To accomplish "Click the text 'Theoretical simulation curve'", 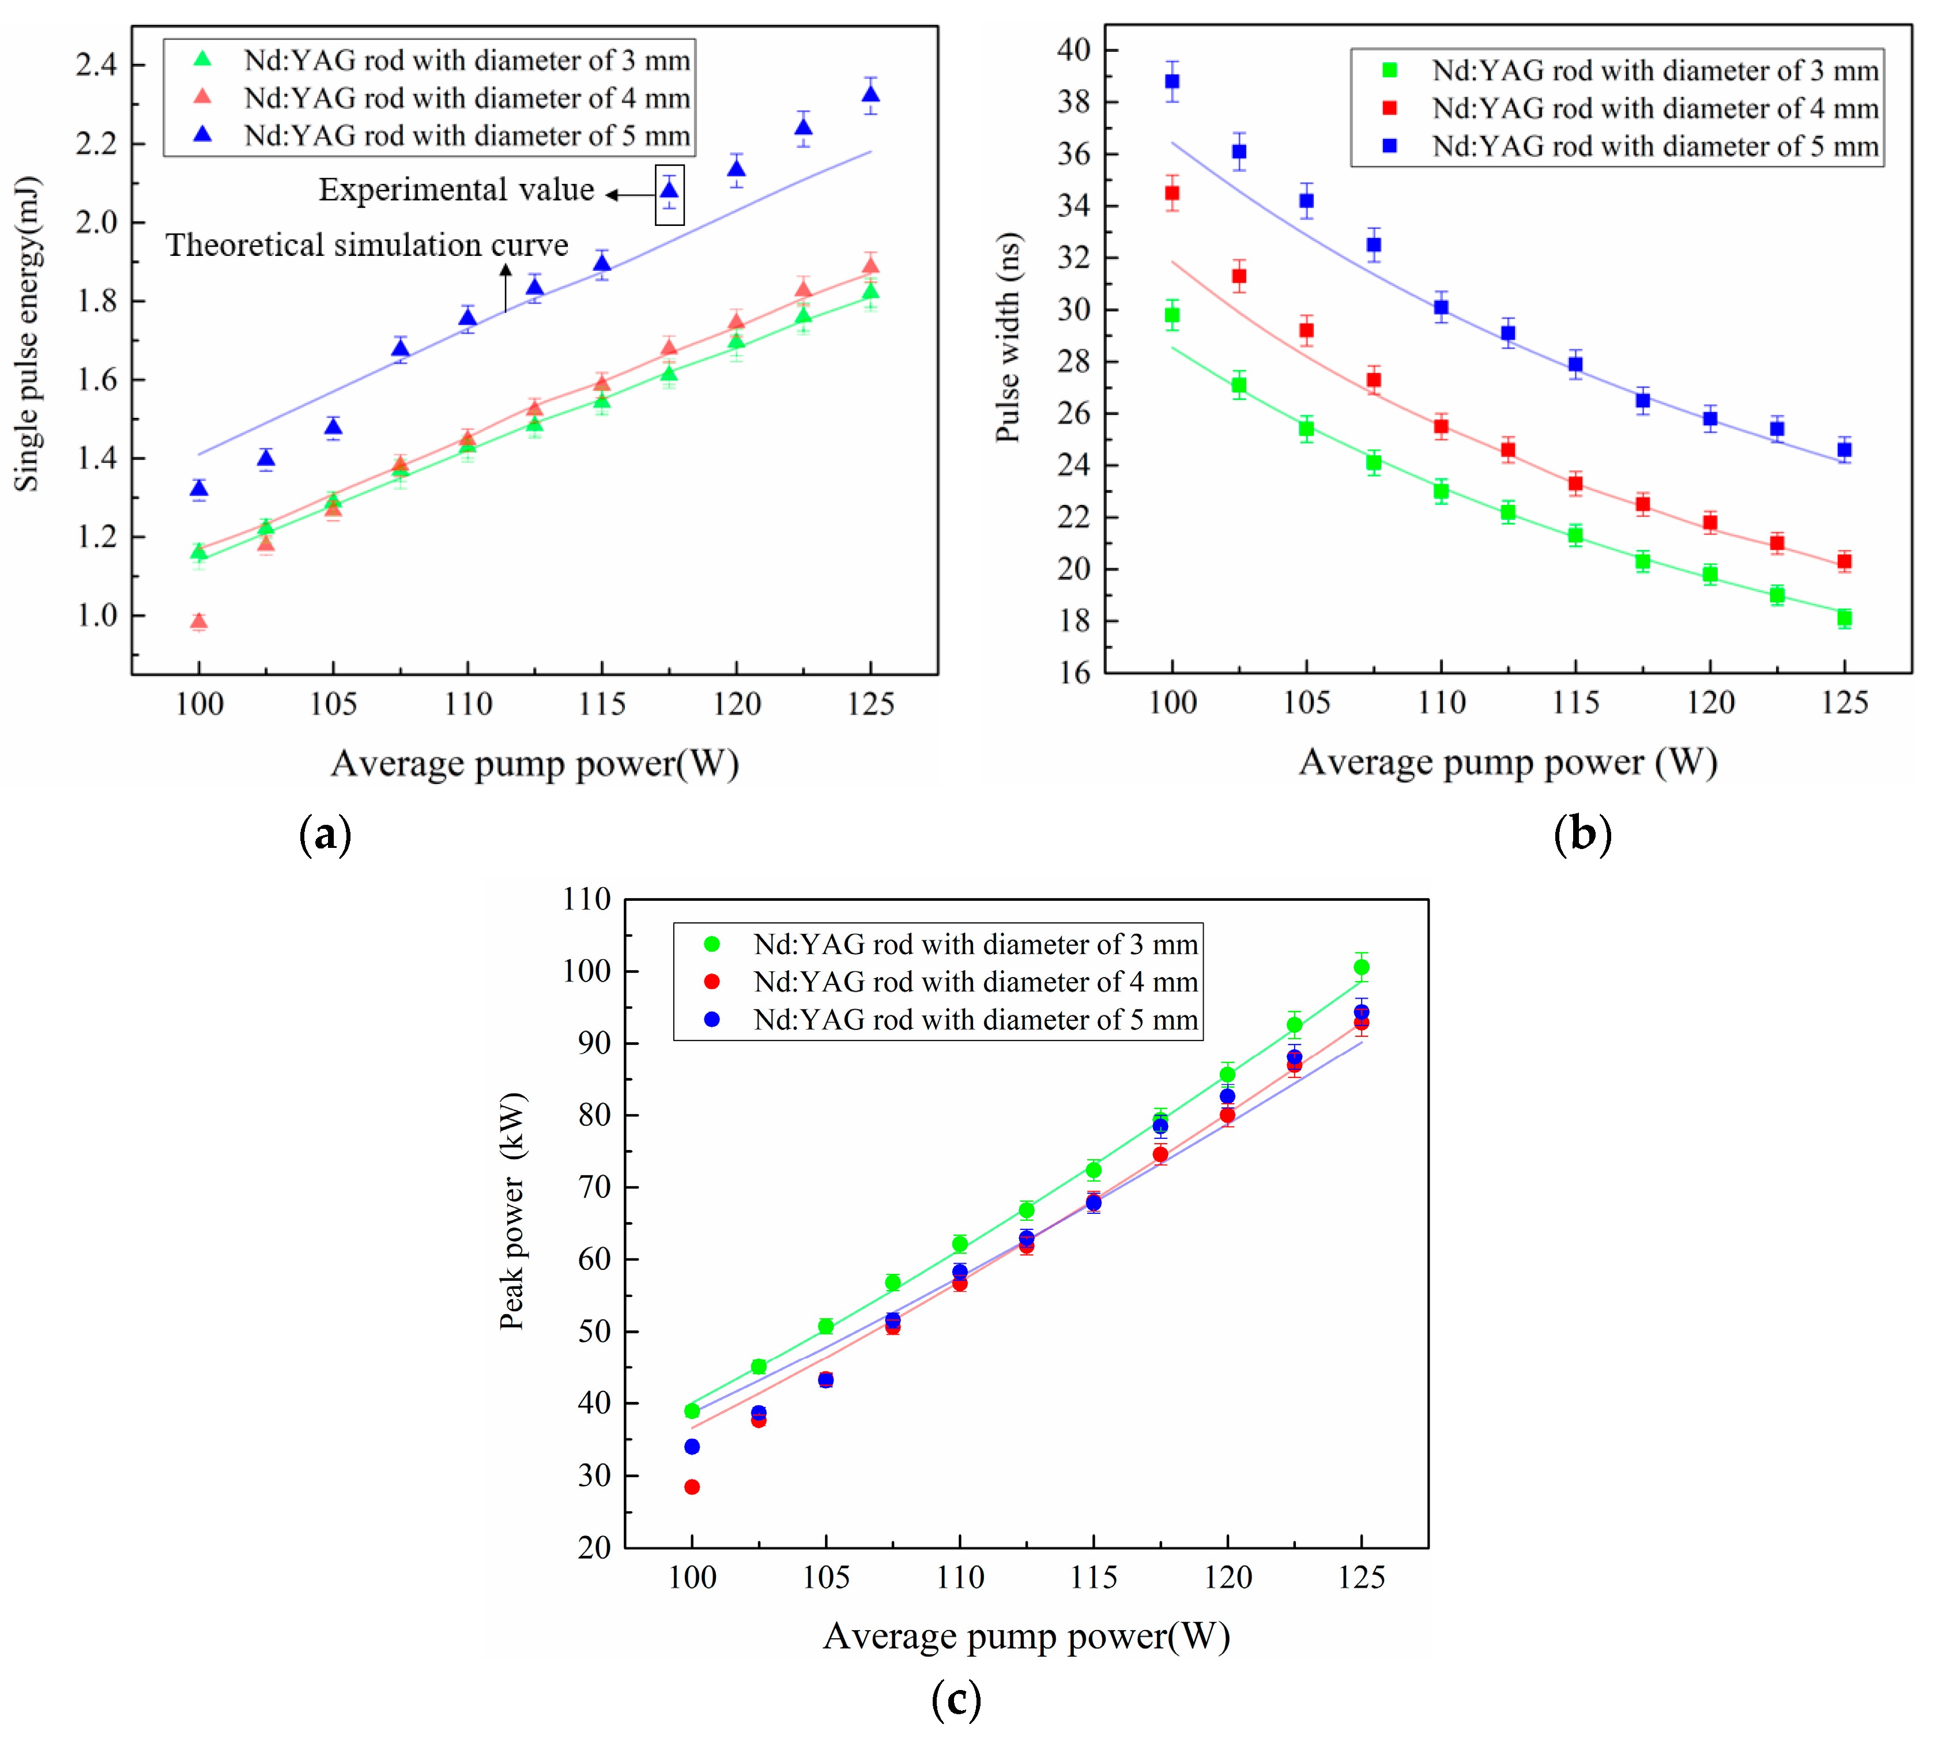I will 367,246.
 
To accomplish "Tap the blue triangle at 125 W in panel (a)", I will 870,95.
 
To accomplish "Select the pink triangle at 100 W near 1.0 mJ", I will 199,622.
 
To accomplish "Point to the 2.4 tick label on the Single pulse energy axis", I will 96,65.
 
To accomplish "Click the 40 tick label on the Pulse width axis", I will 1073,50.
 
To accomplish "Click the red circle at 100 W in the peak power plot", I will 692,1487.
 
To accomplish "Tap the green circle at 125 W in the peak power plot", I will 1362,967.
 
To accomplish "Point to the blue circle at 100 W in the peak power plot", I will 692,1447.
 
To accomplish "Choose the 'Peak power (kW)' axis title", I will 512,1212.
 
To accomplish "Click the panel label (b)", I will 1582,833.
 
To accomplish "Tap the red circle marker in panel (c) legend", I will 712,981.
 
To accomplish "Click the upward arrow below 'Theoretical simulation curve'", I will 506,289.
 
